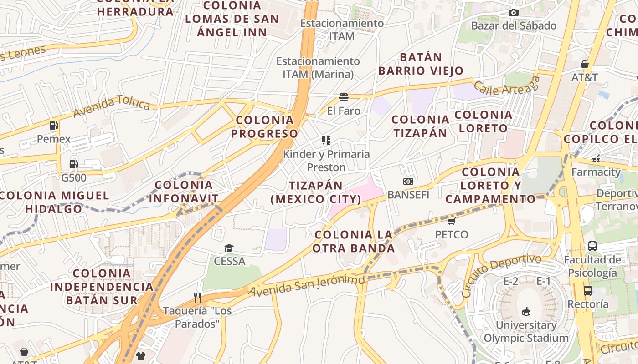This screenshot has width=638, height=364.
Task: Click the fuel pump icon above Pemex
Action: point(54,126)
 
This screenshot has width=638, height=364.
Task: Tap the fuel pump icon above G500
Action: point(73,164)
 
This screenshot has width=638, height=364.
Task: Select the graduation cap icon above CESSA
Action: point(229,248)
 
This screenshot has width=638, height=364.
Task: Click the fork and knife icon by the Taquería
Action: point(197,298)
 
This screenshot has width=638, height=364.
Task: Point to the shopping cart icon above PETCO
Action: point(451,221)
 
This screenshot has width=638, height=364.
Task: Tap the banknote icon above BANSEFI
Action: point(408,182)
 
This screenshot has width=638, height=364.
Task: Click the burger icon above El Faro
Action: point(344,97)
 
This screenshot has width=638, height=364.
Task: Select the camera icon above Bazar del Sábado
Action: point(514,12)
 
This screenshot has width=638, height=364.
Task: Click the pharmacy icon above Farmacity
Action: point(596,159)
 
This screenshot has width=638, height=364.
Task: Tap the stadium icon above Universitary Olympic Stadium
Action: point(526,311)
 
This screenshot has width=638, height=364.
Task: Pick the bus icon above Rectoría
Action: point(588,290)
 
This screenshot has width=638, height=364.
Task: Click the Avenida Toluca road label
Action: point(112,106)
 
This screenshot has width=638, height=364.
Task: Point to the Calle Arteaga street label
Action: point(506,87)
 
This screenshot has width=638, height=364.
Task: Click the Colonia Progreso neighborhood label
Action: point(264,127)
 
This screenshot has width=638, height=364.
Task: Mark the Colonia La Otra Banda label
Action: point(354,242)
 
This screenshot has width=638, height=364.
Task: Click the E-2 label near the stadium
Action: point(510,281)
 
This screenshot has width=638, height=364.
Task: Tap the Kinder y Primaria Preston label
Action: point(326,161)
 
